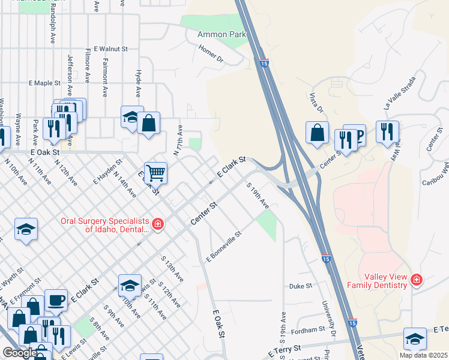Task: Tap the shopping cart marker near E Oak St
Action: [155, 173]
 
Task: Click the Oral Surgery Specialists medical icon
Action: [157, 224]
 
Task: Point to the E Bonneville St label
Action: [223, 247]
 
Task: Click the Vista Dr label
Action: [316, 101]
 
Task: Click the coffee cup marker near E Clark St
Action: [56, 300]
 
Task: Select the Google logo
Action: [20, 353]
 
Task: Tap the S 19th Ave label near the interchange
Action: [258, 196]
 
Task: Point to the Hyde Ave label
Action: [138, 83]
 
